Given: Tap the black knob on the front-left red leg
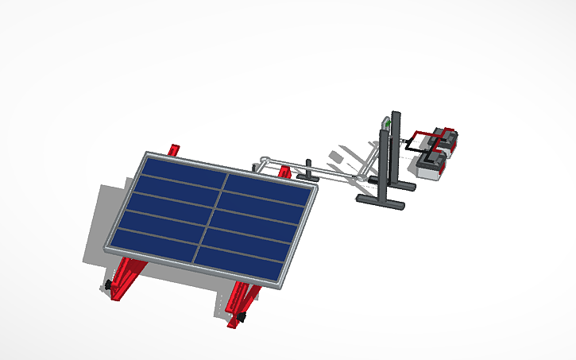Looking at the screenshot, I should click(106, 285).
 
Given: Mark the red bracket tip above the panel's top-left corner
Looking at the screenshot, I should click(176, 149).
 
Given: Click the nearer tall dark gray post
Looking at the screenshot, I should click(384, 167).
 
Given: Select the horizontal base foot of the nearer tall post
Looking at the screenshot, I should click(381, 203).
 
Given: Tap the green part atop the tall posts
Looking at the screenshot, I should click(386, 123).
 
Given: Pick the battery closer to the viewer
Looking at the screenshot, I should click(431, 165).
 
